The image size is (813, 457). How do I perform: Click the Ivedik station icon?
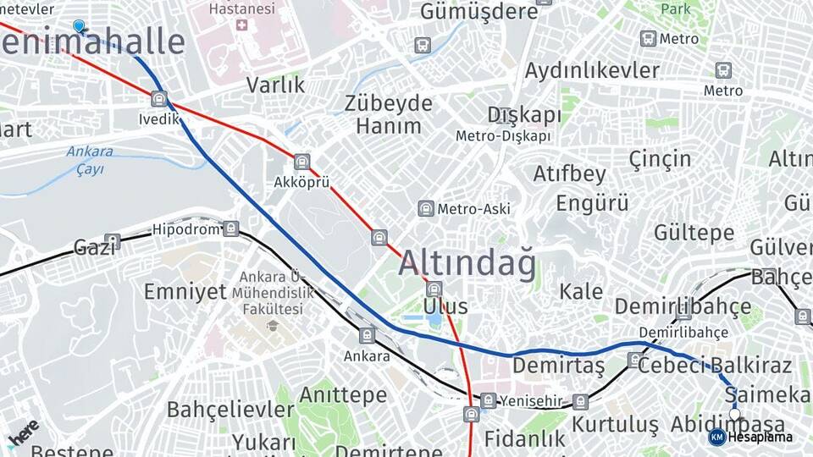[x=159, y=99]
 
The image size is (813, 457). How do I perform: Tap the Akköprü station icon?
[x=302, y=162]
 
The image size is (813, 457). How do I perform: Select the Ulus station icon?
[x=434, y=289]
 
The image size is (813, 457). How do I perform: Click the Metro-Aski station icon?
[x=426, y=208]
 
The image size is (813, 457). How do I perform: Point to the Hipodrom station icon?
[x=231, y=228]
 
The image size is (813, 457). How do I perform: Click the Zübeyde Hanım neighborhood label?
[x=389, y=115]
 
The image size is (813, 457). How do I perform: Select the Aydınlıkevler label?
[x=592, y=70]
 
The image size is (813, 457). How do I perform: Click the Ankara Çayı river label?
[x=90, y=160]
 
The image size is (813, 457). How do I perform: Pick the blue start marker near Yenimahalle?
[x=79, y=27]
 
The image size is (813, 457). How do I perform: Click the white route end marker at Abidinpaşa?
[x=735, y=414]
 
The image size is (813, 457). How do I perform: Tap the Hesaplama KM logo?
[x=716, y=437]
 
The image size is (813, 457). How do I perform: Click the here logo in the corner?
[x=22, y=431]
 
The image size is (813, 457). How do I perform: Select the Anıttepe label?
[x=342, y=395]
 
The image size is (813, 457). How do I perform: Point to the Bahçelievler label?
[x=230, y=410]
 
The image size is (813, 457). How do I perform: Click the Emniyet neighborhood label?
[x=185, y=292]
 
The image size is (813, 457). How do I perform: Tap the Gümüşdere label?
[x=479, y=12]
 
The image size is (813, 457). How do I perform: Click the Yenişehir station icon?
[x=489, y=400]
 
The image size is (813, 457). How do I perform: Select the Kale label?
[x=582, y=292]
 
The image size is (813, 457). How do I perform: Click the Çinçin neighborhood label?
[x=660, y=158]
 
